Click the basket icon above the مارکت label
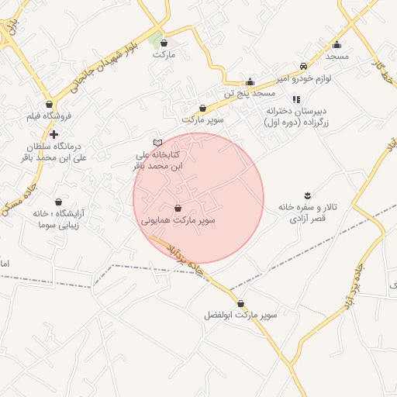tap(164, 43)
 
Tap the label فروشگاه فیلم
tap(49, 116)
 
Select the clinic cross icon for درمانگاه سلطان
tap(53, 135)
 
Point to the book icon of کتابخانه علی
tap(157, 143)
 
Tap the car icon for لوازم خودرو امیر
tap(302, 66)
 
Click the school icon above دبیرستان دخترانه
tap(296, 99)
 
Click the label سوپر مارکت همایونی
tap(178, 221)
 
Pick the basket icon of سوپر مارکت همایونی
tap(178, 208)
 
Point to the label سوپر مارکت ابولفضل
tap(241, 316)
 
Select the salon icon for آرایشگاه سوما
tap(57, 201)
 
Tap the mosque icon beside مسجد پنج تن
tap(250, 81)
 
